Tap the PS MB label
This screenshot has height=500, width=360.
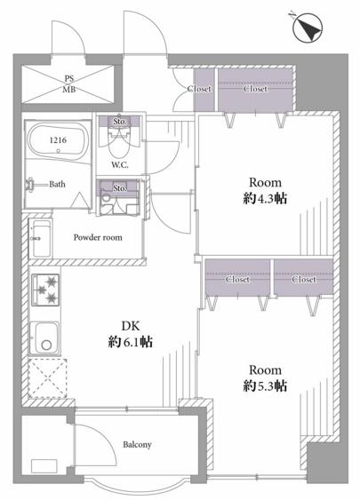[x=69, y=83]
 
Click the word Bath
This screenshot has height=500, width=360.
[x=57, y=184]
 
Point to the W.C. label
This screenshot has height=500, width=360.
[x=120, y=165]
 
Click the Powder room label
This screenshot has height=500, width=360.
[x=98, y=237]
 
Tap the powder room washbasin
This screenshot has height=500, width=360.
[x=40, y=239]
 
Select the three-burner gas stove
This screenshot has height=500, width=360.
[x=45, y=290]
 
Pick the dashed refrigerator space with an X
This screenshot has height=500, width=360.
[x=47, y=378]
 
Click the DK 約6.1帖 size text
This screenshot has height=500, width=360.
[x=130, y=334]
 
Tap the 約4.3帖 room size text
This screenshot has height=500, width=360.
[x=265, y=199]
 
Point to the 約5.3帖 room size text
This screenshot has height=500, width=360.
[x=265, y=385]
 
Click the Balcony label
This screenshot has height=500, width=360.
[x=137, y=445]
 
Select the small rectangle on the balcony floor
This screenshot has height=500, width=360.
[x=44, y=466]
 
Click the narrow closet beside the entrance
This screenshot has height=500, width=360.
[x=204, y=90]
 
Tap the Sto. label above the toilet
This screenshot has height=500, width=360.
[x=120, y=122]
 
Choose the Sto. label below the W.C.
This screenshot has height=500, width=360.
[x=120, y=188]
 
